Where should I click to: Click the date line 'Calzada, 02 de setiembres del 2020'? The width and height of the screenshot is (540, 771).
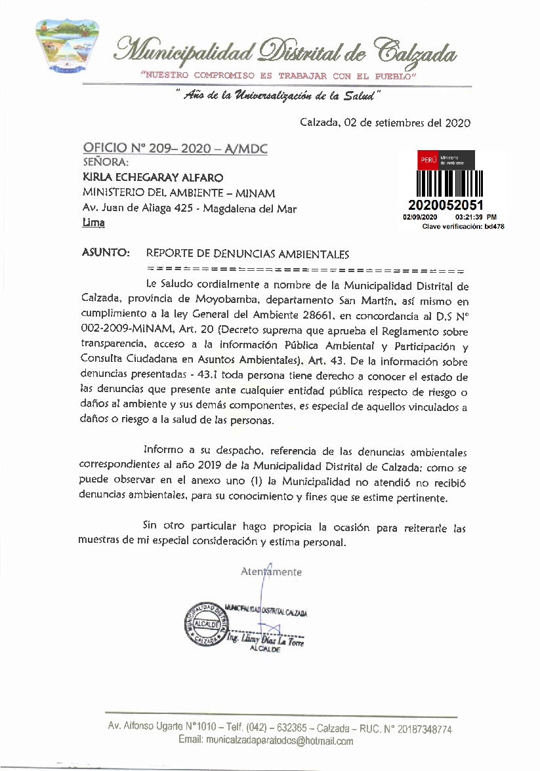tap(385, 122)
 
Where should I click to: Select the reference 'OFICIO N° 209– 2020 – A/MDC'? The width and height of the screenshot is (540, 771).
tap(175, 149)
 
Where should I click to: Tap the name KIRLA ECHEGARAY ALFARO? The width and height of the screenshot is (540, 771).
tap(153, 177)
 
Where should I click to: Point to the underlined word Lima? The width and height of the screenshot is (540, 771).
tap(93, 223)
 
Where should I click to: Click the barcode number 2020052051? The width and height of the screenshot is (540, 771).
tap(446, 206)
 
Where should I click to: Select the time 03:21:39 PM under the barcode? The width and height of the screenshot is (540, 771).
tap(475, 217)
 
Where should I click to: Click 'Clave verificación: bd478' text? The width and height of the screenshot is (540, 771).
tap(463, 226)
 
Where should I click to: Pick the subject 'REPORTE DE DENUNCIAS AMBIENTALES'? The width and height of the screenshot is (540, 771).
tap(247, 254)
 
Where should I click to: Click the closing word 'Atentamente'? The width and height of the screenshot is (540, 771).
tap(272, 572)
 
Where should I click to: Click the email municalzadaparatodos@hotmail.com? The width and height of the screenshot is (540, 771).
tap(266, 741)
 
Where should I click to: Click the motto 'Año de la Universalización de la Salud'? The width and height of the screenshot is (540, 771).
tap(278, 96)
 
